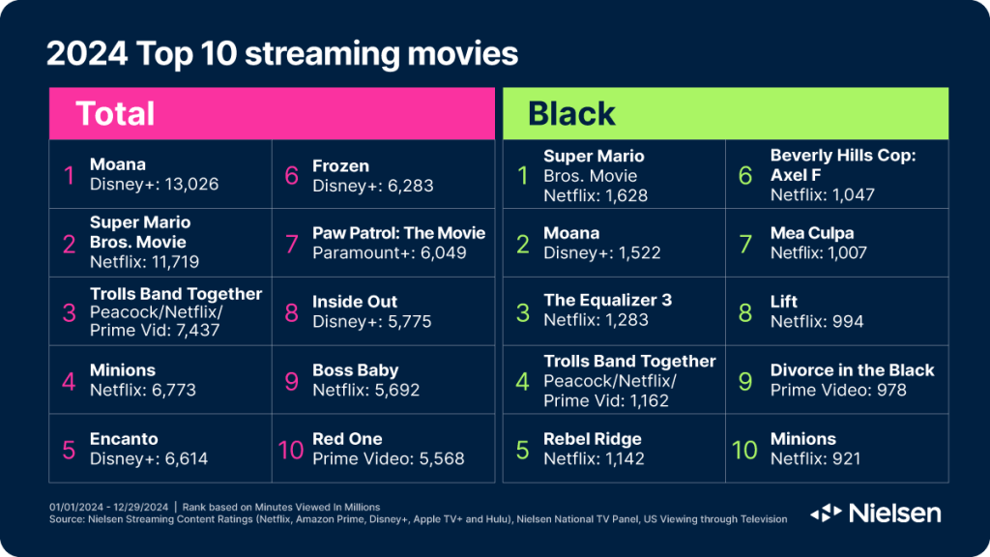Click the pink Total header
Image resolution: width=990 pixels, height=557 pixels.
[x=272, y=114]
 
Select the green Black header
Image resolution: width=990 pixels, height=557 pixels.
[x=725, y=114]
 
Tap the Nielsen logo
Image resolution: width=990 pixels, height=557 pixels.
[x=876, y=513]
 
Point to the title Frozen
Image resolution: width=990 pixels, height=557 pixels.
[x=340, y=166]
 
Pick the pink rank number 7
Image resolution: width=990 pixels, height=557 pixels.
[x=292, y=244]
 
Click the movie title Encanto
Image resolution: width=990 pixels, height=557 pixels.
[x=124, y=439]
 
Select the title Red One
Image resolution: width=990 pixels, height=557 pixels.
[x=347, y=439]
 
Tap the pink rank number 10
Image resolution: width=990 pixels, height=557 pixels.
[x=291, y=451]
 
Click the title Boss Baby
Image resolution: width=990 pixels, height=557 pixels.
[x=356, y=370]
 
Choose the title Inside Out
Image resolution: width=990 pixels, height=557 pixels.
[x=355, y=302]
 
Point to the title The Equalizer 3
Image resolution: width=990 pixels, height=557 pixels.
[x=607, y=300]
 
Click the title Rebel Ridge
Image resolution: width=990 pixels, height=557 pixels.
[x=593, y=439]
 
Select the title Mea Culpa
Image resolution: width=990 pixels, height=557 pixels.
[x=812, y=233]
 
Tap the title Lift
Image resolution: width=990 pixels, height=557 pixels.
[x=783, y=302]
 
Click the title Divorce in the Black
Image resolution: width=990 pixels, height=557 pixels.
[x=852, y=370]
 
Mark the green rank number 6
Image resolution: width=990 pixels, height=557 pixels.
[x=745, y=176]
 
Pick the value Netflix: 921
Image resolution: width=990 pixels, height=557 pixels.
[x=815, y=458]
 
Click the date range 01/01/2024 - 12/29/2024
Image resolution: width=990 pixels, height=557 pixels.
[x=108, y=507]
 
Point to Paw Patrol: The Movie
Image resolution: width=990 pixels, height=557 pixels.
[x=399, y=233]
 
